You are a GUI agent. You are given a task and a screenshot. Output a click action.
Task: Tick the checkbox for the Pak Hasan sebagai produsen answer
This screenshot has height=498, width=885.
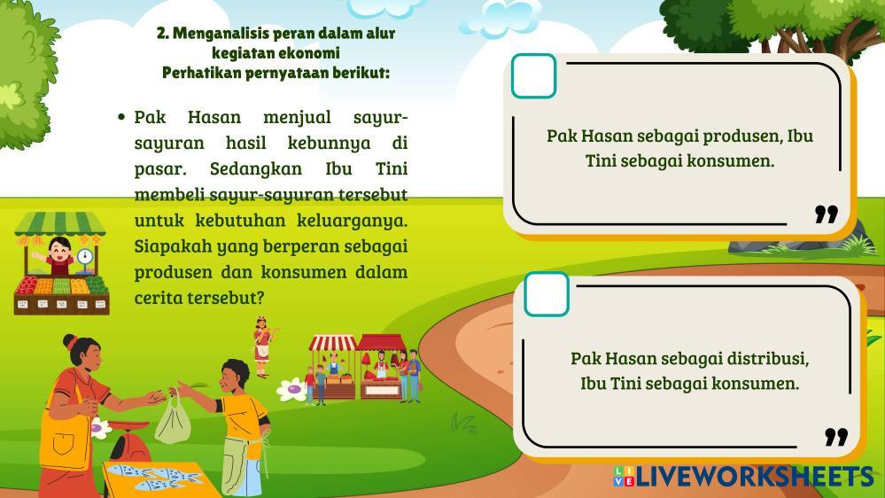(x=533, y=75)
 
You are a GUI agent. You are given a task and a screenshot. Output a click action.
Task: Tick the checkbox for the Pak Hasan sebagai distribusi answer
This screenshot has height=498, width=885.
(x=547, y=293)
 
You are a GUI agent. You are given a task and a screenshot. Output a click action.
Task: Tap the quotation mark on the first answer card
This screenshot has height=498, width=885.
(x=827, y=214)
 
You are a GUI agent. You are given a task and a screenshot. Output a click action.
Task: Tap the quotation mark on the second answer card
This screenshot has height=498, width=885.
(x=836, y=437)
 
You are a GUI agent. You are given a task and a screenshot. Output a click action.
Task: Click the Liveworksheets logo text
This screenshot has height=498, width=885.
(x=754, y=476)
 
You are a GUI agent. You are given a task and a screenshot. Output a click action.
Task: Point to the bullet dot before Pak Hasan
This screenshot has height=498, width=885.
(x=121, y=118)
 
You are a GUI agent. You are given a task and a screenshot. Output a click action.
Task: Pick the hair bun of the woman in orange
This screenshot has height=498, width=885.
(x=69, y=341)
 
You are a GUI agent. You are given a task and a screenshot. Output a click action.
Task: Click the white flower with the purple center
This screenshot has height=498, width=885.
(x=291, y=390)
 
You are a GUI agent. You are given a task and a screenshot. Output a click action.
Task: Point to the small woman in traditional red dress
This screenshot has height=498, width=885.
(x=262, y=346)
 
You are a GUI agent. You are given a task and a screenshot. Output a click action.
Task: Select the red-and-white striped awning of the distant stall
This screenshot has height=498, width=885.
(x=332, y=343)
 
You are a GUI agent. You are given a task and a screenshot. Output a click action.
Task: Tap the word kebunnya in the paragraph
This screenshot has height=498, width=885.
(x=329, y=144)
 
